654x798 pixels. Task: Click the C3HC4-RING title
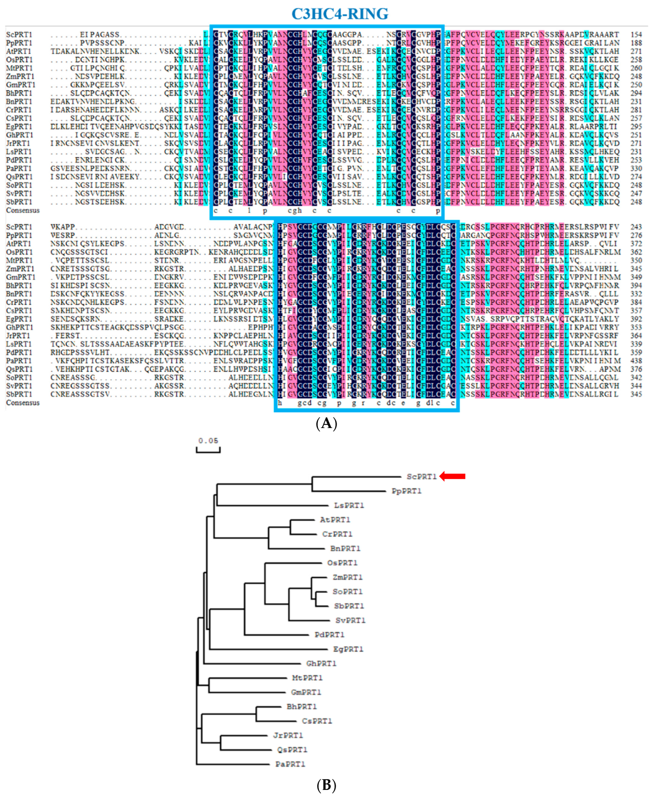(x=339, y=14)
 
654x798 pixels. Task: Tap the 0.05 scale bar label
(x=208, y=441)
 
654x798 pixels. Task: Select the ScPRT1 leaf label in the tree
(x=421, y=477)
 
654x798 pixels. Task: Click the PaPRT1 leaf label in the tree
(x=290, y=764)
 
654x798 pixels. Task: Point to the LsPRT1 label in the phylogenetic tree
(x=349, y=505)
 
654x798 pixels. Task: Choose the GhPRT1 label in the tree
(x=321, y=663)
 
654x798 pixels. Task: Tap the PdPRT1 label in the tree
(x=329, y=635)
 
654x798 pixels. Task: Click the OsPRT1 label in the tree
(x=342, y=563)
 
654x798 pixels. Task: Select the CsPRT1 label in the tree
(x=316, y=721)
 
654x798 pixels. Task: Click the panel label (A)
(x=326, y=424)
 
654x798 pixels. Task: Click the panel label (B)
(x=326, y=785)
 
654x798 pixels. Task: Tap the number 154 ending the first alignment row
(x=636, y=35)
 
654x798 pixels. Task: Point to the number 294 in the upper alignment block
(x=636, y=93)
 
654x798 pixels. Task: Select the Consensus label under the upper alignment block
(x=22, y=210)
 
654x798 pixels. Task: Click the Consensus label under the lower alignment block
(x=22, y=403)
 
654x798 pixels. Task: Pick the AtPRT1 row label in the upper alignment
(x=18, y=51)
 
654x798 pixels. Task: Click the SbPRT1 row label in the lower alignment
(x=19, y=394)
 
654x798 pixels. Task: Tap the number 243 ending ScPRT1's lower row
(x=636, y=227)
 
